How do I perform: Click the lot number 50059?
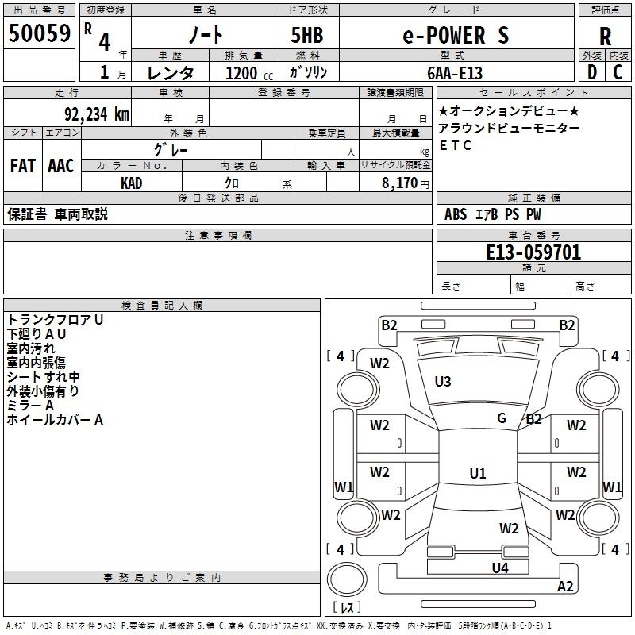point(39,33)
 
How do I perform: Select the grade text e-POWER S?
point(456,35)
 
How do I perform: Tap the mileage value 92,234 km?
point(96,114)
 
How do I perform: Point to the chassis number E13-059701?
point(533,252)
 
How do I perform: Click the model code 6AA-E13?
point(455,73)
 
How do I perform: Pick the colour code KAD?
point(131,183)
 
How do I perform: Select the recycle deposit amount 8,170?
point(399,183)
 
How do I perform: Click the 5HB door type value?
point(307,35)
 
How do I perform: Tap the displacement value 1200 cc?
point(249,73)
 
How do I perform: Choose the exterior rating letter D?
point(592,72)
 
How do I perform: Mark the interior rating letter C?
point(618,72)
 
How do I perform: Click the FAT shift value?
point(23,166)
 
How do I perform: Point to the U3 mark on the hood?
point(443,382)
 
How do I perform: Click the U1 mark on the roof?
point(478,473)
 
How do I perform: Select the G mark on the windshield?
point(502,418)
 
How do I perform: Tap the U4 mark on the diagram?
point(500,568)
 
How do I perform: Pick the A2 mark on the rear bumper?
point(565,586)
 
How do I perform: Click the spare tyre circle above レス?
point(347,579)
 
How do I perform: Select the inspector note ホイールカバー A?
point(55,420)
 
